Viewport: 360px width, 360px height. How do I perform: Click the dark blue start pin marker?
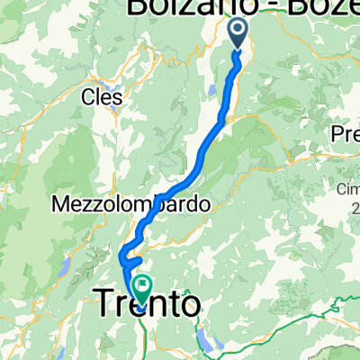pos(238,34)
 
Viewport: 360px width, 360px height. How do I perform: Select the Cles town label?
pos(102,94)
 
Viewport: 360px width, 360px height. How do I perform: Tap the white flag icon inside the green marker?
pos(142,285)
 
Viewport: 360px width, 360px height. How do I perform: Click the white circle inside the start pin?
pos(238,31)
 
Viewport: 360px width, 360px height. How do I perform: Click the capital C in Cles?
pos(87,94)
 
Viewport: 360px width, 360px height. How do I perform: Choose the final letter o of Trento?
pos(191,307)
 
